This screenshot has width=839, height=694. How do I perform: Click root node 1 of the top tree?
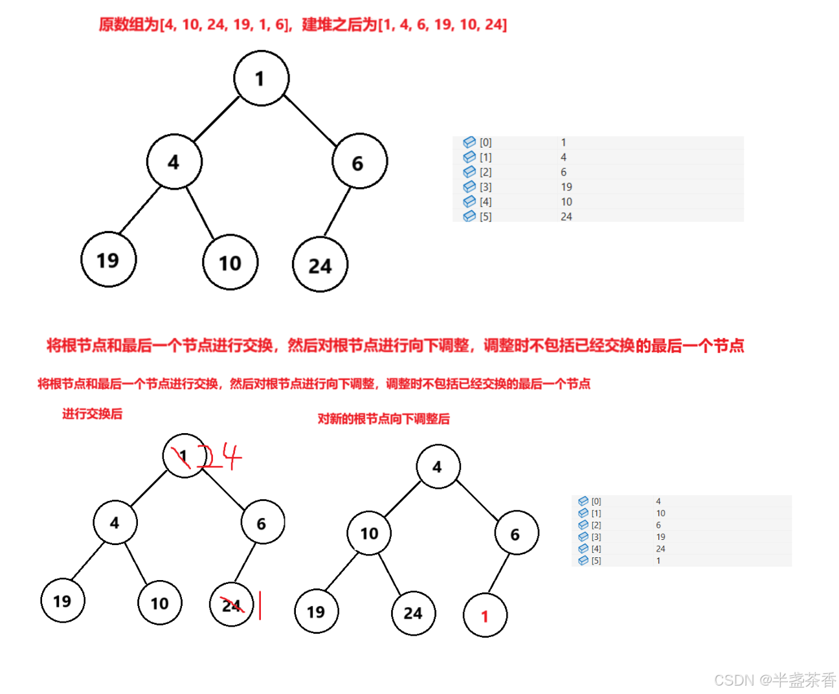(x=261, y=78)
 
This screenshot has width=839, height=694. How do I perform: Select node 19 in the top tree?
(x=108, y=260)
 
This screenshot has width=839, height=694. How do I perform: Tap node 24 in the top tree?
(x=320, y=265)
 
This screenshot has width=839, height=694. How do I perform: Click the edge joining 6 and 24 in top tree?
(x=337, y=212)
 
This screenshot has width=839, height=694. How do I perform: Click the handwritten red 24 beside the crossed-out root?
(x=220, y=457)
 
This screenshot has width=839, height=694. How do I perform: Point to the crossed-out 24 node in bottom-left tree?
(x=231, y=605)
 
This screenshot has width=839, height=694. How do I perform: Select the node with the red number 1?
(x=485, y=616)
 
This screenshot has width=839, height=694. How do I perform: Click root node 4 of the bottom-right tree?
(x=438, y=467)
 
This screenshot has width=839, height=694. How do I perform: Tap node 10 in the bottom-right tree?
(x=369, y=533)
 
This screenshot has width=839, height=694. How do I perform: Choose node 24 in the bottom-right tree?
(x=413, y=613)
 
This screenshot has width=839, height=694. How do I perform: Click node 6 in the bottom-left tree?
(x=262, y=523)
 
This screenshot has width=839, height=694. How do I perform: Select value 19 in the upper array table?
(x=566, y=187)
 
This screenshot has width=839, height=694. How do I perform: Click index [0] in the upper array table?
(x=486, y=142)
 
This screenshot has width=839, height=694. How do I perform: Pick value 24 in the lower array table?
(x=660, y=549)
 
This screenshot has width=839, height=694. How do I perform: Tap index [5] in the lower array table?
(x=596, y=561)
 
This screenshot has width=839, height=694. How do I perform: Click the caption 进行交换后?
(x=92, y=414)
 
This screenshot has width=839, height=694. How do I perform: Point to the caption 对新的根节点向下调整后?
(x=383, y=420)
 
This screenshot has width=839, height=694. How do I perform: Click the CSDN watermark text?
(x=775, y=680)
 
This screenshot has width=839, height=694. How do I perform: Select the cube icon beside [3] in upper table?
(x=469, y=187)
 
